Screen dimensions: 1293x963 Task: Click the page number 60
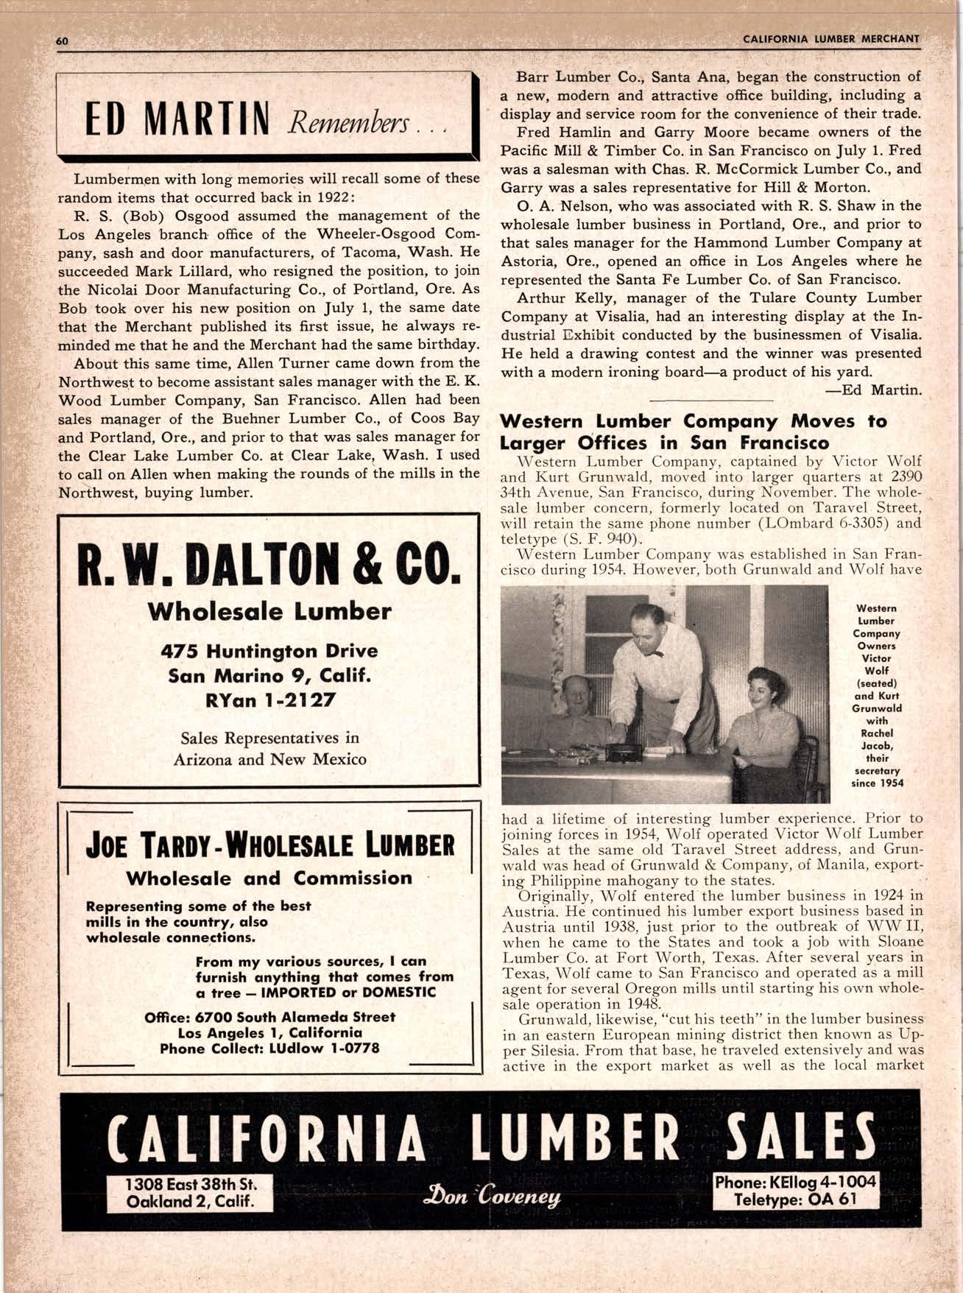point(62,41)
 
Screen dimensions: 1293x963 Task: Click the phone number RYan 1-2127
point(269,699)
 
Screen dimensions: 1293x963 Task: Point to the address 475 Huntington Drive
point(269,651)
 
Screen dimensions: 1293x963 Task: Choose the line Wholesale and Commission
point(269,878)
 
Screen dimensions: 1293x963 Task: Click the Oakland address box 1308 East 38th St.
point(190,1185)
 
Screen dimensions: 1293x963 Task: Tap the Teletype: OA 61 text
point(795,1199)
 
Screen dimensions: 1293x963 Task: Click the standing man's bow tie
point(653,651)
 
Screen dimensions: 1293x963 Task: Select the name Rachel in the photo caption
point(876,733)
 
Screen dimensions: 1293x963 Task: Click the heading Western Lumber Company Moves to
point(694,422)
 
